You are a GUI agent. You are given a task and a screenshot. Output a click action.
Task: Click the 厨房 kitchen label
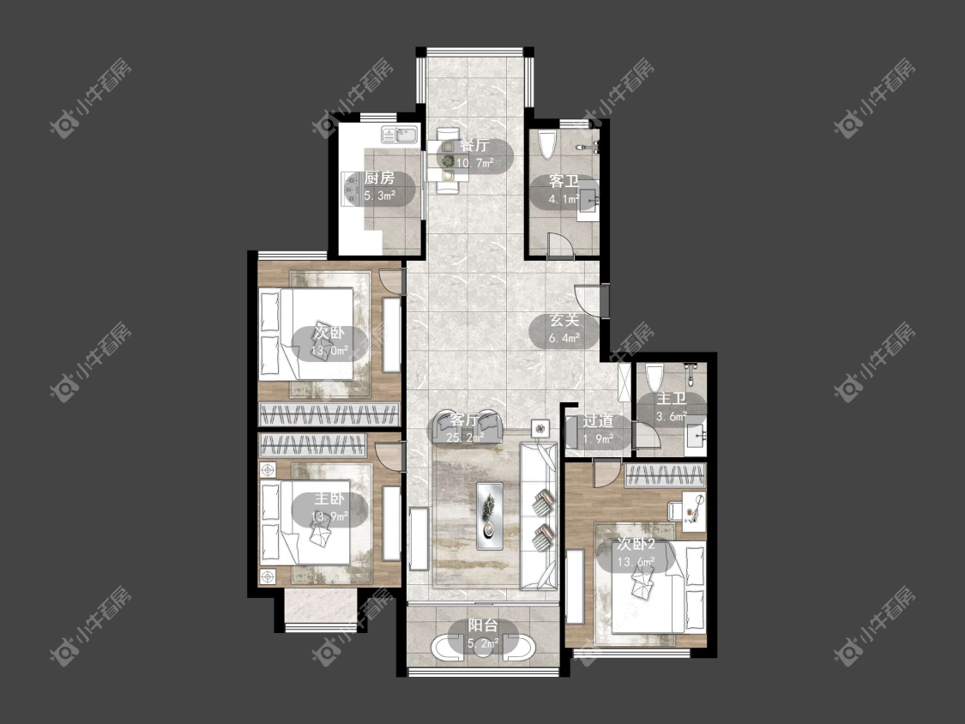click(x=379, y=178)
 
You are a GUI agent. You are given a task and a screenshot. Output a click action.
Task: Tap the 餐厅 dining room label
click(x=474, y=145)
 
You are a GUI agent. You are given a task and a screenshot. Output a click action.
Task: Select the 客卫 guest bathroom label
click(x=564, y=182)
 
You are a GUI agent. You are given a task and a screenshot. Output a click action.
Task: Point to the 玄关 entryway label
click(x=564, y=321)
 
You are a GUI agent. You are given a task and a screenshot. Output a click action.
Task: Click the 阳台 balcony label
click(x=483, y=626)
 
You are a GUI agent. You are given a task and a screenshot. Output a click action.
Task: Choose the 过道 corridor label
click(x=598, y=421)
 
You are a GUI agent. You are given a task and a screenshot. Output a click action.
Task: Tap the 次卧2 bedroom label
click(x=636, y=544)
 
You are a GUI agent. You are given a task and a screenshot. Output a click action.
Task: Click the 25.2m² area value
click(x=466, y=437)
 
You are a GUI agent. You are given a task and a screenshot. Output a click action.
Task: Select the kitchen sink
click(x=400, y=134)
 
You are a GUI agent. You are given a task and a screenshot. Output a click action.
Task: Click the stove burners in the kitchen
click(x=352, y=187)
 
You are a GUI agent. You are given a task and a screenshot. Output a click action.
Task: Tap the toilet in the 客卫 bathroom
click(x=546, y=145)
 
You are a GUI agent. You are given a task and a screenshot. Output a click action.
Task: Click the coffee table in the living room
click(x=490, y=516)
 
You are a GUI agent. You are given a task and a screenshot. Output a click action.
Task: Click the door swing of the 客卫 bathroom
click(x=560, y=244)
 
